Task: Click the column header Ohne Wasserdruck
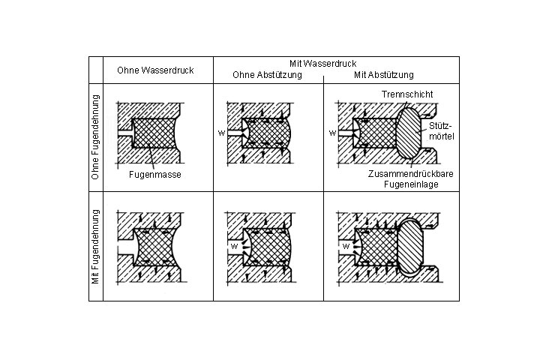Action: pyautogui.click(x=155, y=70)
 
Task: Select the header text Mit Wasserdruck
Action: pyautogui.click(x=322, y=64)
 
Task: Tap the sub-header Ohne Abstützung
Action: pyautogui.click(x=267, y=75)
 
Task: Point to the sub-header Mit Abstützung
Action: pyautogui.click(x=382, y=75)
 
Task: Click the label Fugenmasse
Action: pyautogui.click(x=156, y=174)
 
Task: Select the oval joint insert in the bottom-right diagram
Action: pyautogui.click(x=412, y=248)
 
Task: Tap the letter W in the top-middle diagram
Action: pyautogui.click(x=221, y=133)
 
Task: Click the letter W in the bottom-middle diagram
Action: pyautogui.click(x=234, y=245)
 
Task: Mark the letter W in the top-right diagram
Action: pyautogui.click(x=331, y=133)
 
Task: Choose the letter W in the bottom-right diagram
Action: pyautogui.click(x=345, y=245)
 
